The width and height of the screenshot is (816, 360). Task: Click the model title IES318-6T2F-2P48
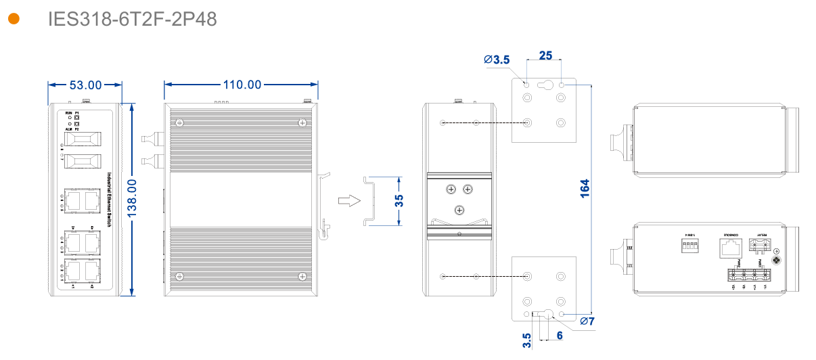click(133, 19)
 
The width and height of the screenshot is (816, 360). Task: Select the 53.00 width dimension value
click(85, 85)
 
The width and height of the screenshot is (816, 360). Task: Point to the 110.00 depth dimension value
click(242, 85)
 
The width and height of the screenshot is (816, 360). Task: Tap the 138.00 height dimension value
click(133, 200)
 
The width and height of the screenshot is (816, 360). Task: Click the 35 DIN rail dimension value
click(399, 200)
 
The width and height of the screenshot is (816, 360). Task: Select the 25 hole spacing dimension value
click(545, 55)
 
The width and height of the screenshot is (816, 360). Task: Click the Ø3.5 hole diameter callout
click(497, 60)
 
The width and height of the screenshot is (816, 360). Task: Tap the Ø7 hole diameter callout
click(587, 321)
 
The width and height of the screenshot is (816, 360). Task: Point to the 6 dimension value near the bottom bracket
click(560, 335)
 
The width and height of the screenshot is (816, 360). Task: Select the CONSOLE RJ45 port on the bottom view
click(729, 248)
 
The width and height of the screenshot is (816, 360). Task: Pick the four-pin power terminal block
click(748, 276)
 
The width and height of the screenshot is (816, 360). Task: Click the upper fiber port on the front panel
click(81, 139)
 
